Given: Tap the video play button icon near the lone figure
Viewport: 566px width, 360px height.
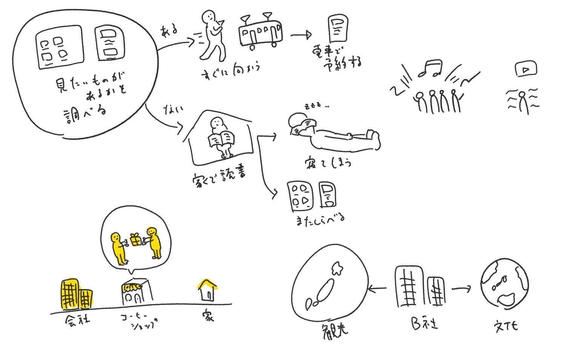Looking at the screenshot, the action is click(526, 69).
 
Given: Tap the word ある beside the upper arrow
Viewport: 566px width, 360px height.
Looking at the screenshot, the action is click(169, 30).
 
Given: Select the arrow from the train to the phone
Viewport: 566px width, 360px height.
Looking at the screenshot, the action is click(301, 35).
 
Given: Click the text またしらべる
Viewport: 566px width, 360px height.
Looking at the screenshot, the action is click(320, 218).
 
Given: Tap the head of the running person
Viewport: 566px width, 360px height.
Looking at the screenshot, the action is click(208, 18).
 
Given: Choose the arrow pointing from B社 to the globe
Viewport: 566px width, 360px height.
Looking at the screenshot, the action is click(461, 289).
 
